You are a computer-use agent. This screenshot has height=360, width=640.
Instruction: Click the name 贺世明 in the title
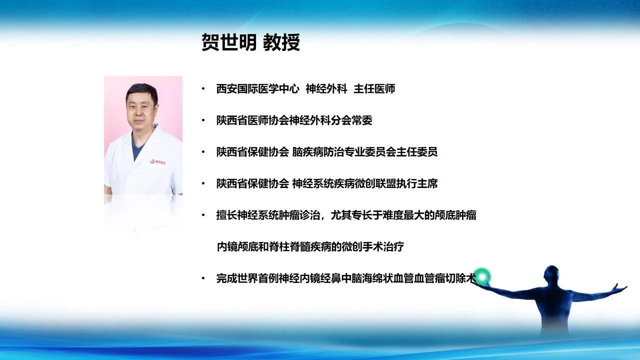pos(229,42)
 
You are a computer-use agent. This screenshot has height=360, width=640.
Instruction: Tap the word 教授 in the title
pos(281,42)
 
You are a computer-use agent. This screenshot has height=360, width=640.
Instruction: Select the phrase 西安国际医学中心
pos(257,89)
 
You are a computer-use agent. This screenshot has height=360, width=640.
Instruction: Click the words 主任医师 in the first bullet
pos(374,89)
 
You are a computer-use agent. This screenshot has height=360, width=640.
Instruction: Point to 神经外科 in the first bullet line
pos(326,89)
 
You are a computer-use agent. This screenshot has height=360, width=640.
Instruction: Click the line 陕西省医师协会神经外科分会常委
pos(294,120)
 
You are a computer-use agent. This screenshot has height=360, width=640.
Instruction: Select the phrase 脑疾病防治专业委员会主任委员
pos(364,151)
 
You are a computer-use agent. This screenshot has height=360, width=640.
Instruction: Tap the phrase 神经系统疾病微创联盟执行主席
pos(364,183)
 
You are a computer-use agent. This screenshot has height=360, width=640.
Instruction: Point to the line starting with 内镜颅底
pos(310,246)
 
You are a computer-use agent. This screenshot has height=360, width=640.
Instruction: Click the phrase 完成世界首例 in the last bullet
pos(247,278)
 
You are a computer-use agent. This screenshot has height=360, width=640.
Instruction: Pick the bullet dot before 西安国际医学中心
pos(203,89)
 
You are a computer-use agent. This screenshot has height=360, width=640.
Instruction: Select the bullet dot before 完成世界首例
pos(203,278)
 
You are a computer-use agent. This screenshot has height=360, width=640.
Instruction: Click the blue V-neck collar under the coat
pos(137,147)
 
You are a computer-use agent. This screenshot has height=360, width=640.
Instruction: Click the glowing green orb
pos(482,276)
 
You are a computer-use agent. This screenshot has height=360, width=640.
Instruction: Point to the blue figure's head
pos(551,275)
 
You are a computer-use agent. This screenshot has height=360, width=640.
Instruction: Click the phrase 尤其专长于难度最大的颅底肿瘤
pos(403,215)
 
